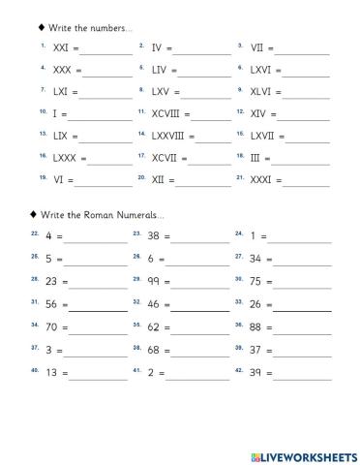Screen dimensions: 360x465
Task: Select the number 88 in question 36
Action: click(256, 326)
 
